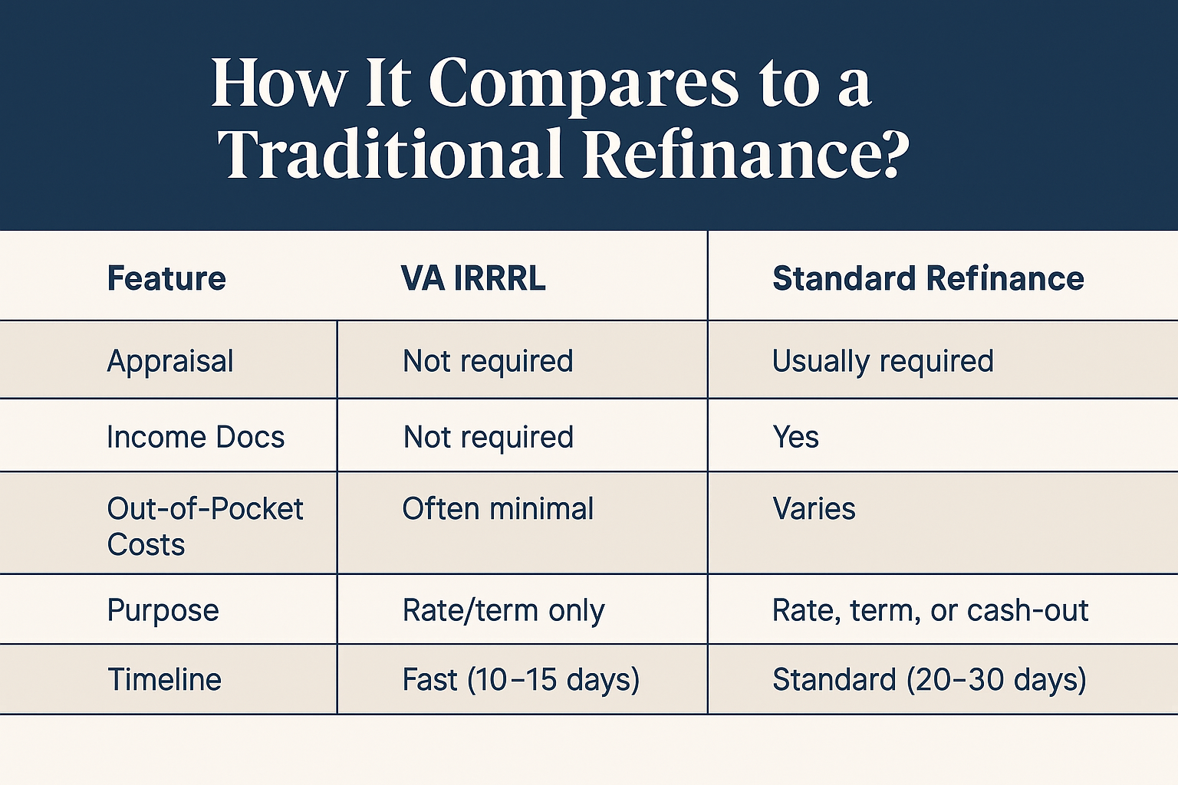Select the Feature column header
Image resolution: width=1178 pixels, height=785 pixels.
click(x=166, y=278)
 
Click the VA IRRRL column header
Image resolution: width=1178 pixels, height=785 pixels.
click(x=473, y=278)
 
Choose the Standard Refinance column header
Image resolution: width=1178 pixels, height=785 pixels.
click(x=928, y=278)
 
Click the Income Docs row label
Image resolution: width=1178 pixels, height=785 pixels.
click(x=196, y=437)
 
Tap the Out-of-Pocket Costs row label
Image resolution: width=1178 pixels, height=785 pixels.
click(x=205, y=527)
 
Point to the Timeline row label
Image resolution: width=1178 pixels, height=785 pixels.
click(x=164, y=679)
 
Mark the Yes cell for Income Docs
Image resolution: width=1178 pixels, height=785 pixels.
click(x=795, y=437)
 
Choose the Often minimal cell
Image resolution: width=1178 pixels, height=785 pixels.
click(x=498, y=508)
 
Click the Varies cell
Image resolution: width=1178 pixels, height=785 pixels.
click(x=814, y=508)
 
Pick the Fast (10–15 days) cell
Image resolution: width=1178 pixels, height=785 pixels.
click(x=521, y=680)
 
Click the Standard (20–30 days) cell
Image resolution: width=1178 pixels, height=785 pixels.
click(x=930, y=680)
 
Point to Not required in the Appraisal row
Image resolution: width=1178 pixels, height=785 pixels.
click(x=488, y=362)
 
